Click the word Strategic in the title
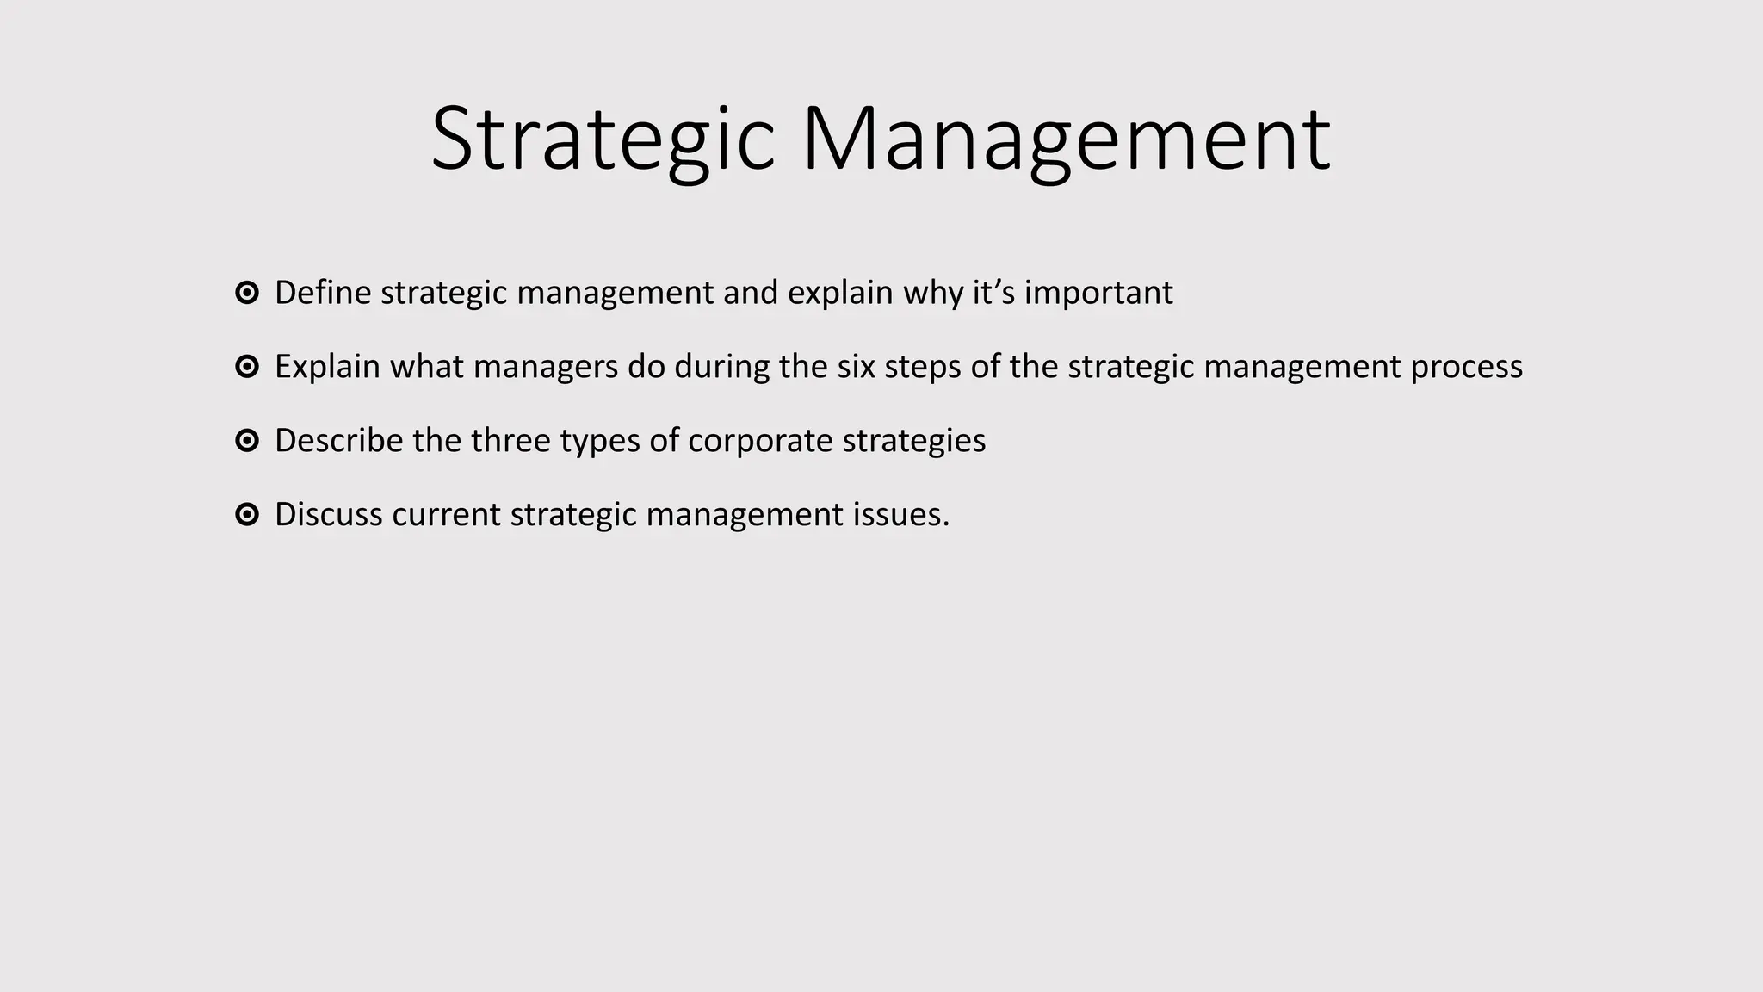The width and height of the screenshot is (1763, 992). (603, 139)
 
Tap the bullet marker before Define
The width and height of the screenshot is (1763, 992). (247, 294)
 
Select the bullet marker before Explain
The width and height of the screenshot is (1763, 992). (247, 368)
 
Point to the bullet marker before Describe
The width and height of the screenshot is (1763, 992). (247, 442)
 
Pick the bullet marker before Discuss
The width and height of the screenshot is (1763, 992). (247, 516)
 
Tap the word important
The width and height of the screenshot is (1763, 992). (1098, 294)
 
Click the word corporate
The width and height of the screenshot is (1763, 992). (760, 442)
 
